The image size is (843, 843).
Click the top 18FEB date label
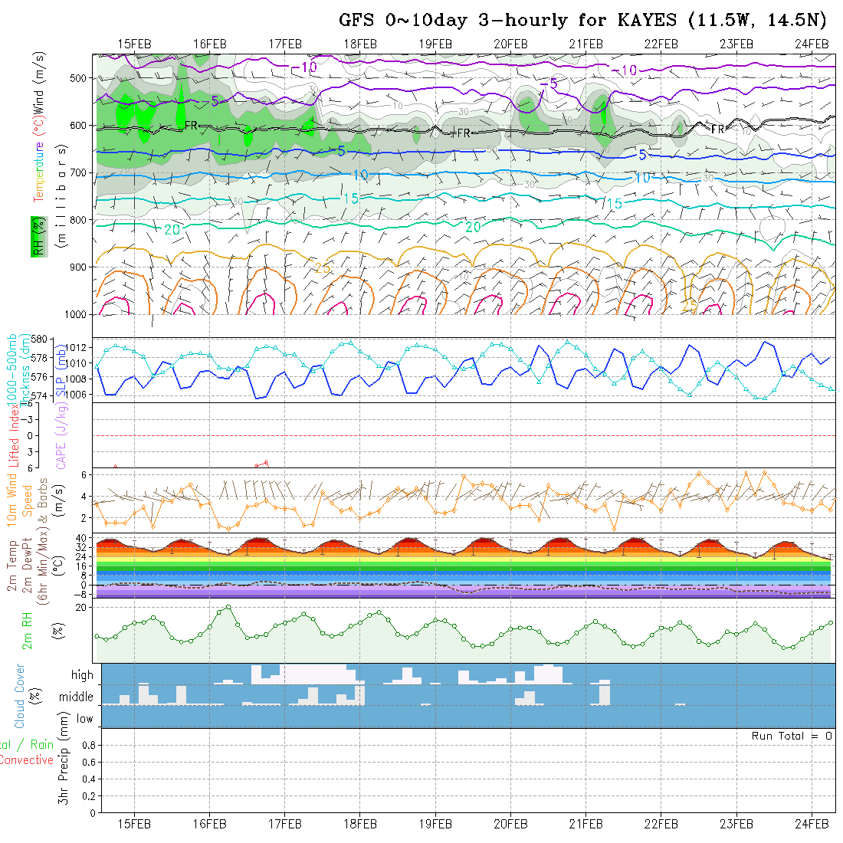tap(360, 44)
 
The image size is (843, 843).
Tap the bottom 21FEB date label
tap(586, 823)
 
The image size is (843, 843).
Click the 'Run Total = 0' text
tap(792, 736)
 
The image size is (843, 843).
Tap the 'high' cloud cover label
tap(82, 675)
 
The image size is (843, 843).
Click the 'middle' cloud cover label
tap(77, 697)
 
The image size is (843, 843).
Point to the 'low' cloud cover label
tap(84, 719)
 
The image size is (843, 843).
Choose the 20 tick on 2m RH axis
tap(83, 607)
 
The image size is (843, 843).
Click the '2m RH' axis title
tap(28, 630)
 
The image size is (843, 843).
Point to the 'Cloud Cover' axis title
tap(20, 696)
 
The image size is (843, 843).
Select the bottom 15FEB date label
tap(135, 823)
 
